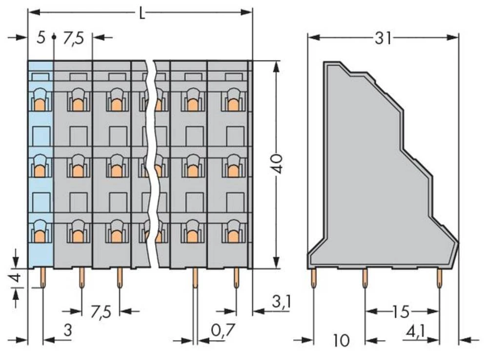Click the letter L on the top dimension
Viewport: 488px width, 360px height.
pos(142,13)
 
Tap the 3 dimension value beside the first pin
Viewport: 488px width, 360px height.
pos(68,331)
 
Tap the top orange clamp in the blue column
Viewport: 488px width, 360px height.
pos(40,102)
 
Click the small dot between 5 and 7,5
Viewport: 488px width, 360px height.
pos(54,37)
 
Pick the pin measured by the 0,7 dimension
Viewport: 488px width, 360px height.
pos(195,279)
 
